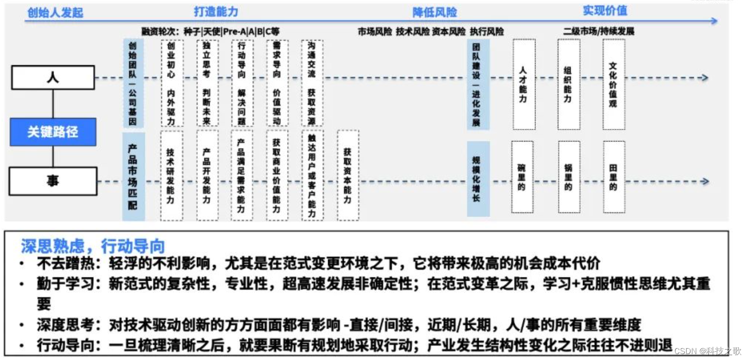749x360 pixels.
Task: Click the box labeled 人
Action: pyautogui.click(x=53, y=78)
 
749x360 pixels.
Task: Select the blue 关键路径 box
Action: pyautogui.click(x=53, y=132)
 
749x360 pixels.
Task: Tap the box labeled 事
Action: pyautogui.click(x=53, y=181)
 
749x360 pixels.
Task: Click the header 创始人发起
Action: pyautogui.click(x=55, y=13)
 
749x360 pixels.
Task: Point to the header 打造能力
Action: pyautogui.click(x=216, y=11)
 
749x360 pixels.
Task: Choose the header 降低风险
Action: pyautogui.click(x=434, y=12)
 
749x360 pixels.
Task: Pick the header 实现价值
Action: pyautogui.click(x=605, y=11)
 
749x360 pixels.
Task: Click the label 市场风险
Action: pyautogui.click(x=375, y=32)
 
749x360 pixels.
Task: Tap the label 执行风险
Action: pyautogui.click(x=487, y=32)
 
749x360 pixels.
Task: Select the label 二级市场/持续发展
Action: pyautogui.click(x=599, y=31)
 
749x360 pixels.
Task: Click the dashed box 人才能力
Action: pyautogui.click(x=524, y=84)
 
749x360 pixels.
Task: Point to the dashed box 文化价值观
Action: pyautogui.click(x=613, y=84)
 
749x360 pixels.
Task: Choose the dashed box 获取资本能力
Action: pyautogui.click(x=348, y=175)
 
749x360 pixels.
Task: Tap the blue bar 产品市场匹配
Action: pyautogui.click(x=133, y=177)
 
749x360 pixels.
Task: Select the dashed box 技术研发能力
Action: pyautogui.click(x=171, y=175)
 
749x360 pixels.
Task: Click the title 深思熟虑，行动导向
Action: pyautogui.click(x=93, y=246)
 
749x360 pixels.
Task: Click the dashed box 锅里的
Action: pyautogui.click(x=569, y=177)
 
